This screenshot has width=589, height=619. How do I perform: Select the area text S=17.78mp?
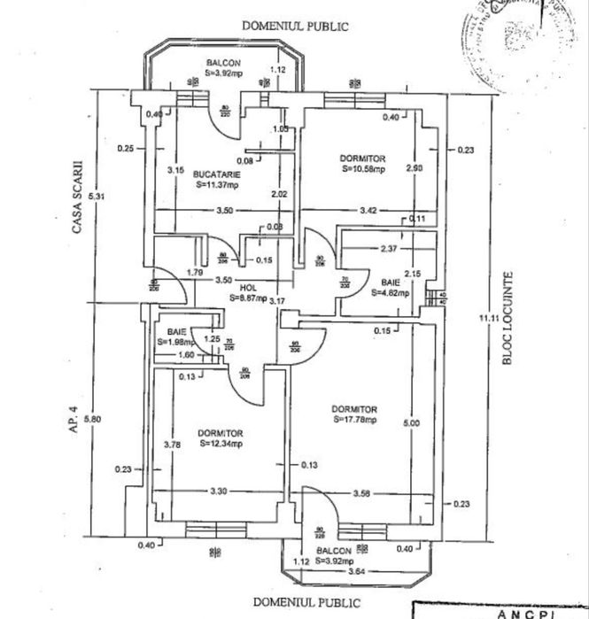click(x=355, y=420)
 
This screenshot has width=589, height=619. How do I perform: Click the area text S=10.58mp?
click(x=363, y=167)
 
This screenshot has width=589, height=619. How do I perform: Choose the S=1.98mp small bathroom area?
click(x=174, y=341)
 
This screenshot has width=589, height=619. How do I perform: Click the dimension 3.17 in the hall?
click(x=277, y=300)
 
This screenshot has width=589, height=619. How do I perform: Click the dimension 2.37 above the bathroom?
click(x=387, y=249)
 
